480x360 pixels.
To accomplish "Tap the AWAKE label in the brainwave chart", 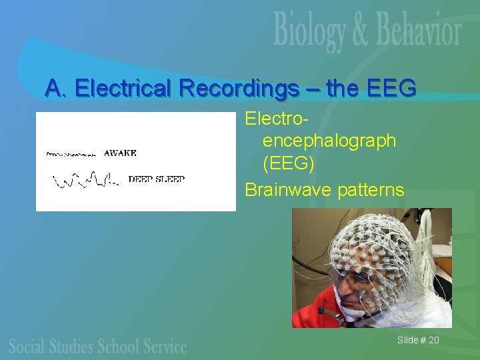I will pyautogui.click(x=121, y=153).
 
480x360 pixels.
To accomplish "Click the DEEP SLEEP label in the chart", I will pyautogui.click(x=156, y=179).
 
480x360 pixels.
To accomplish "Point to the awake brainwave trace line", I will pyautogui.click(x=72, y=154).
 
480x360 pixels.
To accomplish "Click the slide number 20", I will pyautogui.click(x=433, y=341).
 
